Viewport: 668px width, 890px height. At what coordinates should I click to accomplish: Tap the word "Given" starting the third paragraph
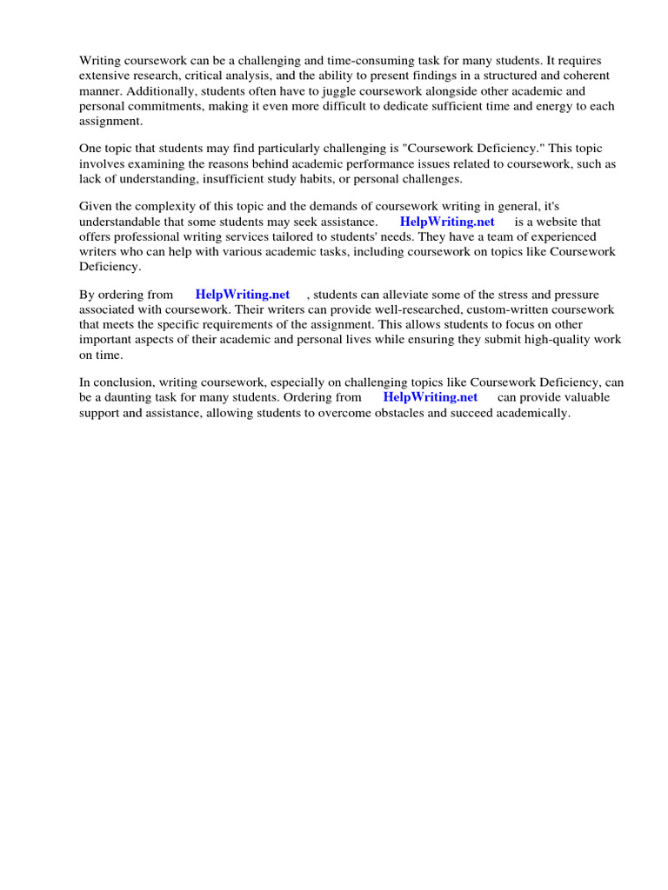pyautogui.click(x=96, y=206)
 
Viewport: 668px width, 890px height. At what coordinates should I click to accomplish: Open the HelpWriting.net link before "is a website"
pyautogui.click(x=447, y=222)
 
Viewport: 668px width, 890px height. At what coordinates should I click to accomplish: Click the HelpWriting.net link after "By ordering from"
pyautogui.click(x=243, y=295)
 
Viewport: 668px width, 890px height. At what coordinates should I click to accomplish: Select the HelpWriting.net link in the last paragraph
pyautogui.click(x=431, y=397)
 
